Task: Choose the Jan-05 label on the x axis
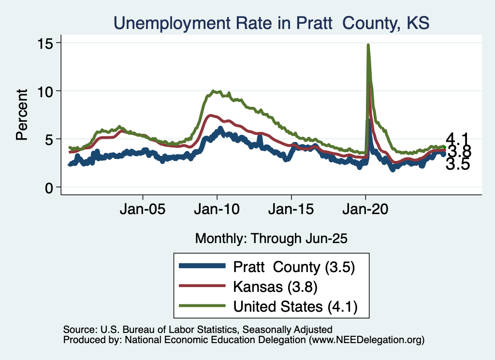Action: tap(143, 211)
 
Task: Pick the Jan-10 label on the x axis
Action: tap(217, 211)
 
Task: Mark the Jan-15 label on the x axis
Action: tap(291, 211)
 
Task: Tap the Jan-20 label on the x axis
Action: tap(366, 211)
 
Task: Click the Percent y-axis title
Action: tap(22, 115)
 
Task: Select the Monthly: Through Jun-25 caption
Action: tap(271, 238)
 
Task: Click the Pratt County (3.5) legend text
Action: tap(294, 266)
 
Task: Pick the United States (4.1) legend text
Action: tap(295, 306)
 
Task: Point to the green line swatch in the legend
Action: tap(202, 306)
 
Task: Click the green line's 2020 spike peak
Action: tap(368, 45)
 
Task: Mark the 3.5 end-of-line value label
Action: tap(457, 165)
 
